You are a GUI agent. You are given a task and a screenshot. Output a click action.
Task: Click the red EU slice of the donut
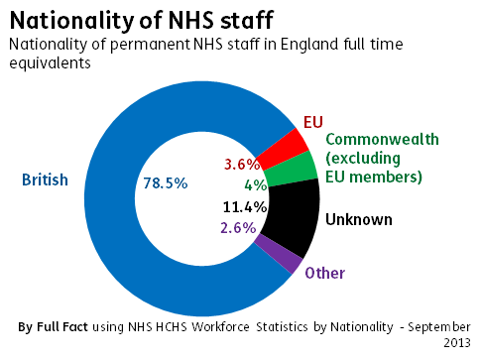(284, 150)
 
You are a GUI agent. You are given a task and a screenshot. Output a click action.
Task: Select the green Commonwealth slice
(292, 170)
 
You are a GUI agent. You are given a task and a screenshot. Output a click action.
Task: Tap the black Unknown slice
(293, 216)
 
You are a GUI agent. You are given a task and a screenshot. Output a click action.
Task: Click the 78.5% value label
(166, 183)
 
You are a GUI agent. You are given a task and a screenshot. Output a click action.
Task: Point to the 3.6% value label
(242, 165)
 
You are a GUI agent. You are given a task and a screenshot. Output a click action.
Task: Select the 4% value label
(256, 185)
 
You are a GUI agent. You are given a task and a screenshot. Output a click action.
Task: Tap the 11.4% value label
(245, 207)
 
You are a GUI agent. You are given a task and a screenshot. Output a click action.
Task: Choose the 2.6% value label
(238, 228)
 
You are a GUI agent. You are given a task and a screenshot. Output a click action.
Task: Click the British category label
(45, 180)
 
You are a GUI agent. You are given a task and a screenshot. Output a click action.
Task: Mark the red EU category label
(313, 122)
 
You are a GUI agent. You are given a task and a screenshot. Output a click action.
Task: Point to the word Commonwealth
(382, 139)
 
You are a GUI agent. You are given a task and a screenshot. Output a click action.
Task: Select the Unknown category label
(359, 220)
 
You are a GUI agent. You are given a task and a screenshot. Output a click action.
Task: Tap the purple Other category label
(325, 273)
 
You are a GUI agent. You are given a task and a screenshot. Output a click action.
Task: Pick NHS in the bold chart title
(190, 20)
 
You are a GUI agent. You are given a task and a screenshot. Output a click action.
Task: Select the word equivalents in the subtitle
(50, 62)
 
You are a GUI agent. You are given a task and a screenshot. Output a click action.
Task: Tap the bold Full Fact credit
(62, 327)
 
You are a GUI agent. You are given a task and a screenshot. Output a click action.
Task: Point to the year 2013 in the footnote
(457, 342)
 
